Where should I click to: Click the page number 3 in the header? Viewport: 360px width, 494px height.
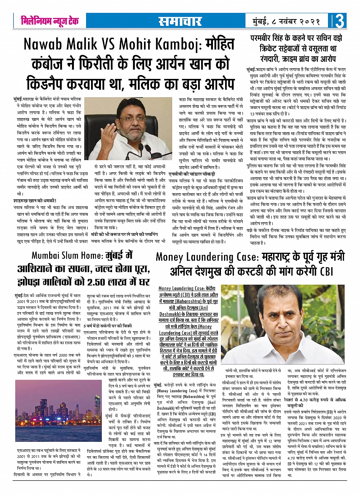coord(339,21)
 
